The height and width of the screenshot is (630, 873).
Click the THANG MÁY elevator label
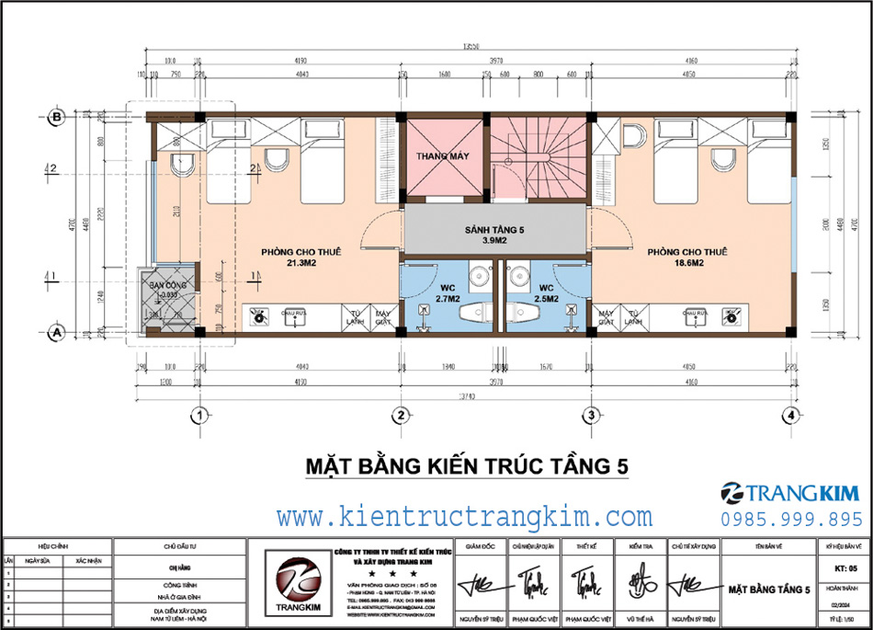443,156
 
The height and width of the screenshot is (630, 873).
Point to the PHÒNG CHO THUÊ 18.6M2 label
686,257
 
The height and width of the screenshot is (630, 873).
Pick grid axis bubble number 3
588,416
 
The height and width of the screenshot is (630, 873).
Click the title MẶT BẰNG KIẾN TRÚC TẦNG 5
467,466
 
